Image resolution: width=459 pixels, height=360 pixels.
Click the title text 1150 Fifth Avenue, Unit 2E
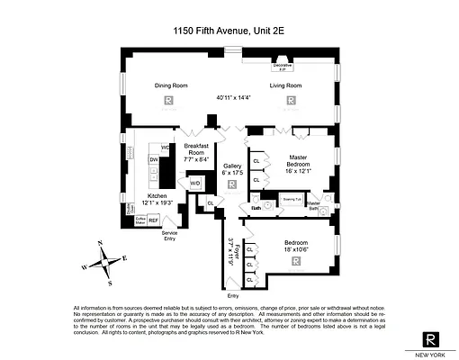(229, 30)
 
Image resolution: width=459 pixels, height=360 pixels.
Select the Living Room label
(285, 85)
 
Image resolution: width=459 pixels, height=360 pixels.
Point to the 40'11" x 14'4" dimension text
(231, 96)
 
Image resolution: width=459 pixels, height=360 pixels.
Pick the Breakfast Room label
(196, 148)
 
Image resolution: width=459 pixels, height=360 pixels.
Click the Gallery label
(232, 166)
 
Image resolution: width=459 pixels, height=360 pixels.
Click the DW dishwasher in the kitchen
(154, 161)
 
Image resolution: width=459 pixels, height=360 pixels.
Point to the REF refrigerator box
(154, 219)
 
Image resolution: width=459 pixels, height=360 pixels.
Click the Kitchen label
(157, 195)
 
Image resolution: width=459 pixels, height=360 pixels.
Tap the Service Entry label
(169, 237)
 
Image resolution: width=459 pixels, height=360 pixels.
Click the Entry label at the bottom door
(233, 294)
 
